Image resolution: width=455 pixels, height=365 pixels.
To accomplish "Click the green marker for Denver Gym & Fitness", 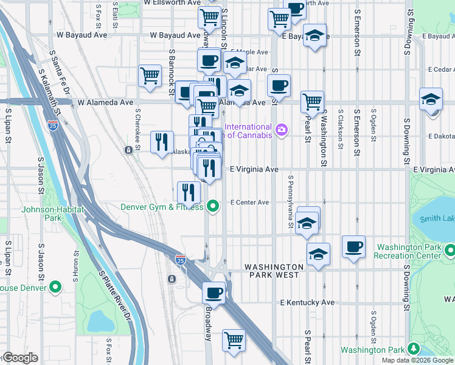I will (x=212, y=207).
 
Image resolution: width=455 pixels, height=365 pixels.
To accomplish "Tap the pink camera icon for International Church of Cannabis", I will (x=281, y=129).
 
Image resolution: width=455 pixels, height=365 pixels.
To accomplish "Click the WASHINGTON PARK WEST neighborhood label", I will (x=274, y=271).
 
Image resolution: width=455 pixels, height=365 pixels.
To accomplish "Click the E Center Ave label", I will (x=249, y=203).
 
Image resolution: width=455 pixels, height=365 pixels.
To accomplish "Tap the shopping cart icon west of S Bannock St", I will (x=150, y=76).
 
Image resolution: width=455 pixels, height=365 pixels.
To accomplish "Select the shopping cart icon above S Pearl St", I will (x=312, y=101).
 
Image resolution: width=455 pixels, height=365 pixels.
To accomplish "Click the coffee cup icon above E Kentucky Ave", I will (x=214, y=293).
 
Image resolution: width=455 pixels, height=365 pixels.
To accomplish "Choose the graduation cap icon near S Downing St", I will (x=431, y=99).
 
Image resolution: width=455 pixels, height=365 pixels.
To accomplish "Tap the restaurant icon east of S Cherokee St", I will (x=162, y=142).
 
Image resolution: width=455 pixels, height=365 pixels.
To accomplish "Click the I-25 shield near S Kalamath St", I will (x=53, y=126).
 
